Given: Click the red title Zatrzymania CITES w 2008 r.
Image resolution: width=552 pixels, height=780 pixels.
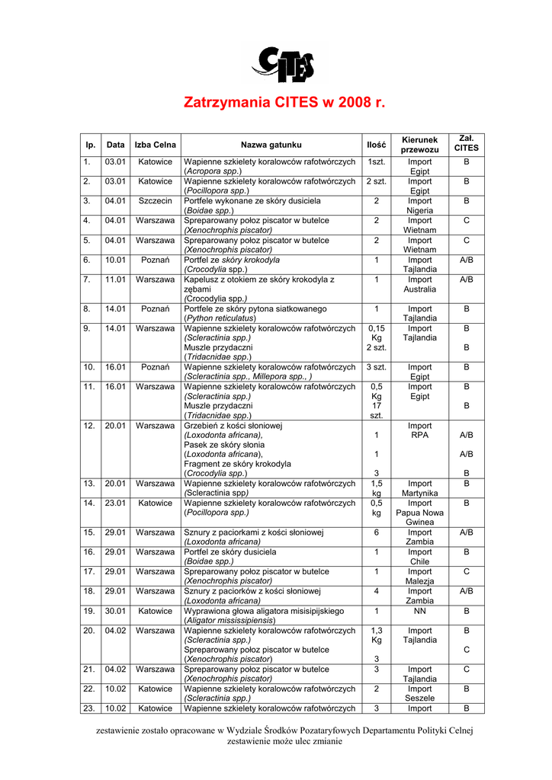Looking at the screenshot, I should tap(285, 102).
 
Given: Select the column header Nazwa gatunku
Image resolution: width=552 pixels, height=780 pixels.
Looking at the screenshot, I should tap(271, 145).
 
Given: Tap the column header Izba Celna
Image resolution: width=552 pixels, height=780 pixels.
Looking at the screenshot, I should tap(156, 145).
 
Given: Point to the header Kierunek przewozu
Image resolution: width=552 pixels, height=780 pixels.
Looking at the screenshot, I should tap(419, 145).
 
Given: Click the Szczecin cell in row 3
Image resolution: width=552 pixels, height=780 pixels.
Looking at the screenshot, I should tap(156, 201).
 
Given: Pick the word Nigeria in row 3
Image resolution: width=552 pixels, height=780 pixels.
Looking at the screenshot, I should tap(419, 210).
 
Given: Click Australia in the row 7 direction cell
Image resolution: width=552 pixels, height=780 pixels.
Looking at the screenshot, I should tap(419, 289).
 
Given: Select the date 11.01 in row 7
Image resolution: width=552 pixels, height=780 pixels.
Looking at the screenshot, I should tap(116, 280).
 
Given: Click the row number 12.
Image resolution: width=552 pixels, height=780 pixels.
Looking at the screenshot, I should tap(88, 426).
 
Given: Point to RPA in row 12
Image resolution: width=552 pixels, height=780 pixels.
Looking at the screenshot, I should tap(419, 436).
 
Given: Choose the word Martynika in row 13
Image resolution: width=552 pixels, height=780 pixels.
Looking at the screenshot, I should tap(419, 494).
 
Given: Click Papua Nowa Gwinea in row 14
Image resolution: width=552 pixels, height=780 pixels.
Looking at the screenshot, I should tap(419, 513).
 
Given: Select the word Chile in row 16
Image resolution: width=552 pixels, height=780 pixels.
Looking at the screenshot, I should tap(419, 561).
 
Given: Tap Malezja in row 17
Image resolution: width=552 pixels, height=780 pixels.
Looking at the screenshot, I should tap(419, 581).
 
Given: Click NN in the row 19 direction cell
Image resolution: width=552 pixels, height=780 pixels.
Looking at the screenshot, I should tap(419, 611).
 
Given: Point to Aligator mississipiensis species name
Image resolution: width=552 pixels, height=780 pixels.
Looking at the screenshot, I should tap(229, 620).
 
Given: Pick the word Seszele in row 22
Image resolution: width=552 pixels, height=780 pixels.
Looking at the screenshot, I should tap(419, 698).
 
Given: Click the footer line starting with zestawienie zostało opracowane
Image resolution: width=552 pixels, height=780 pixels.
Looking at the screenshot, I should tap(284, 730).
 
